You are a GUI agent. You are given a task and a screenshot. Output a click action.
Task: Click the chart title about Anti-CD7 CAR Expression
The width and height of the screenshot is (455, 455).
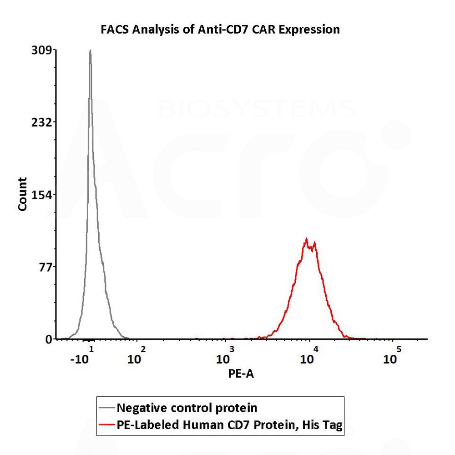pos(220,30)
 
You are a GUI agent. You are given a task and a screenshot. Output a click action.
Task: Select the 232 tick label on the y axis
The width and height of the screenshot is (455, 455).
pos(40,122)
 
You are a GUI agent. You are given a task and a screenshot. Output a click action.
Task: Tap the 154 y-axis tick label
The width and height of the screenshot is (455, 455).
pos(40,194)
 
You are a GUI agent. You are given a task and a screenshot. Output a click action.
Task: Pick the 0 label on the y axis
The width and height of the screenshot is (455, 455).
pos(48,339)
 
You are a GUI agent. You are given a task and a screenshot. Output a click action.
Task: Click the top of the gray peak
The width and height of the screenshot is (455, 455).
pos(90,51)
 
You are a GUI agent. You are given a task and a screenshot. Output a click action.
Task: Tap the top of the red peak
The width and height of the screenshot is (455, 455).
pos(307,238)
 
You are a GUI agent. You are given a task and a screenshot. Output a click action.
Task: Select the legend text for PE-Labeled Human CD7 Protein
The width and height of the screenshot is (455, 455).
pos(229,425)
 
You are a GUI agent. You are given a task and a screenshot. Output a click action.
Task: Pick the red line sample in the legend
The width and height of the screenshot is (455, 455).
pos(106,425)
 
